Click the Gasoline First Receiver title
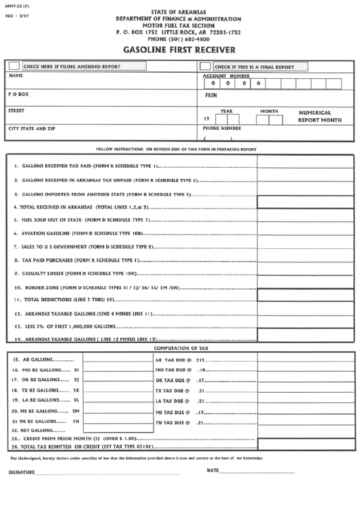pos(179,50)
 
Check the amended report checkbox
pos(14,67)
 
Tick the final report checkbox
pos(205,67)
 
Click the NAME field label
pos(16,76)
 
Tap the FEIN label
pos(211,96)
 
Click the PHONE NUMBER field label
pos(221,128)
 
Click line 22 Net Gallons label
pos(39,430)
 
